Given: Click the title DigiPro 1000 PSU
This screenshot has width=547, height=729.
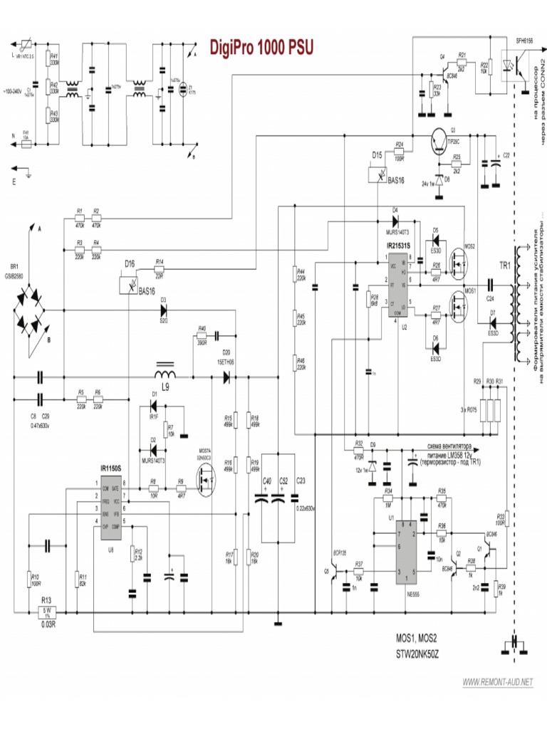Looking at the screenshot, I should click(261, 48).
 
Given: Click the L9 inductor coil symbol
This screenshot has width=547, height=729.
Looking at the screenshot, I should click(166, 374).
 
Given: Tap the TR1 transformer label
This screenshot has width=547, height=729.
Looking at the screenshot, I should click(504, 266).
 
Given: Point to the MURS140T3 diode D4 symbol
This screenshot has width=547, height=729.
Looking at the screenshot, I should click(395, 220).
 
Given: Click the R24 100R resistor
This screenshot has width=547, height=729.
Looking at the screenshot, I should click(400, 152).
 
